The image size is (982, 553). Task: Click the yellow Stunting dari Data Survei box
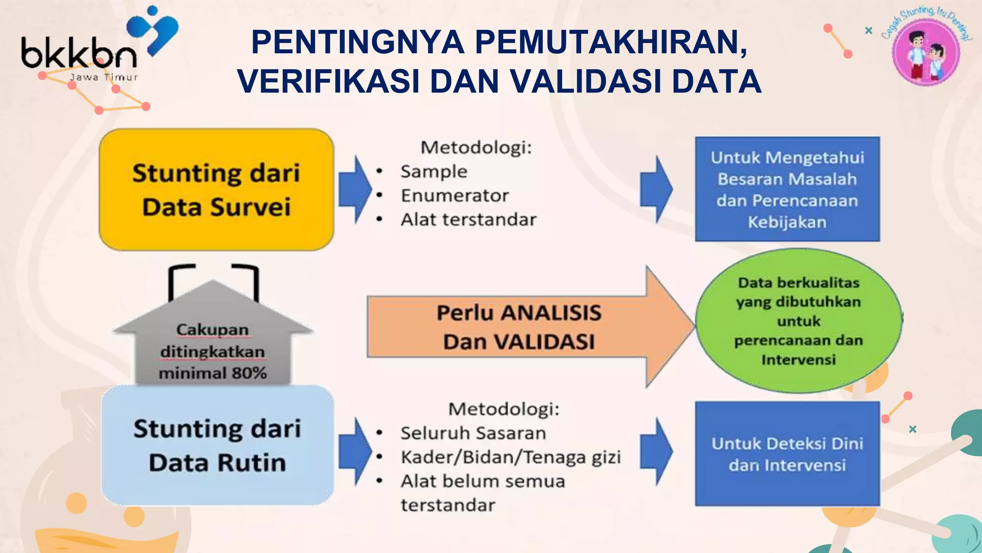coord(216,190)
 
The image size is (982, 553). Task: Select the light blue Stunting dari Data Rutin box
coord(217,445)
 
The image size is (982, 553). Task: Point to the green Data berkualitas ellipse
coord(798,321)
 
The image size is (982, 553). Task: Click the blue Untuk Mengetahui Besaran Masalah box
coord(787,189)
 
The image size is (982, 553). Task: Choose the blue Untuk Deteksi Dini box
coord(787,454)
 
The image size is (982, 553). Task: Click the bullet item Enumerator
coord(455,195)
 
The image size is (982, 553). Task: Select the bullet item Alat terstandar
coord(468,219)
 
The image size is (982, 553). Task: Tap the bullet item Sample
coord(433,171)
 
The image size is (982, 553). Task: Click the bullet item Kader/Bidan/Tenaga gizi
coord(511,457)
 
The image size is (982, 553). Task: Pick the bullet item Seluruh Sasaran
coord(473,433)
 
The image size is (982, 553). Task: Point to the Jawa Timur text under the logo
coord(104,77)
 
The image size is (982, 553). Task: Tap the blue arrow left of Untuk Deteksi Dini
coord(656,451)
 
